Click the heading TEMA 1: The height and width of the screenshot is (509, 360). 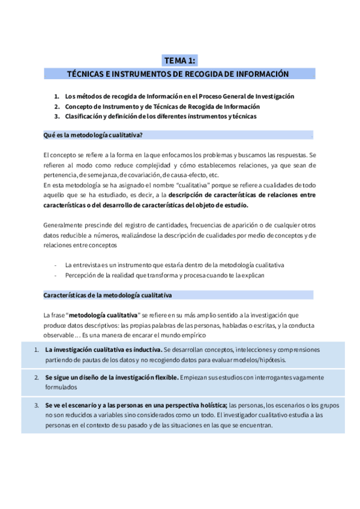[x=179, y=60]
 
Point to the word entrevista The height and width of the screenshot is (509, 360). [x=88, y=265]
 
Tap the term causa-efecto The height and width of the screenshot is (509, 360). [x=181, y=175]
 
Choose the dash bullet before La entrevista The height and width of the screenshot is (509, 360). [x=55, y=265]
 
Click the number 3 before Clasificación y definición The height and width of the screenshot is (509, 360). [x=56, y=116]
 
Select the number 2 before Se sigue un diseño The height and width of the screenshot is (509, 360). [x=37, y=378]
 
